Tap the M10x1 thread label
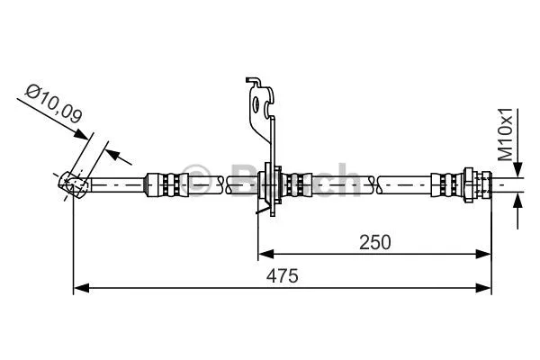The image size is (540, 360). [x=506, y=135]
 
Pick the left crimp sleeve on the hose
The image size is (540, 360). [x=167, y=184]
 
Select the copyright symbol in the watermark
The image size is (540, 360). [x=196, y=173]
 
